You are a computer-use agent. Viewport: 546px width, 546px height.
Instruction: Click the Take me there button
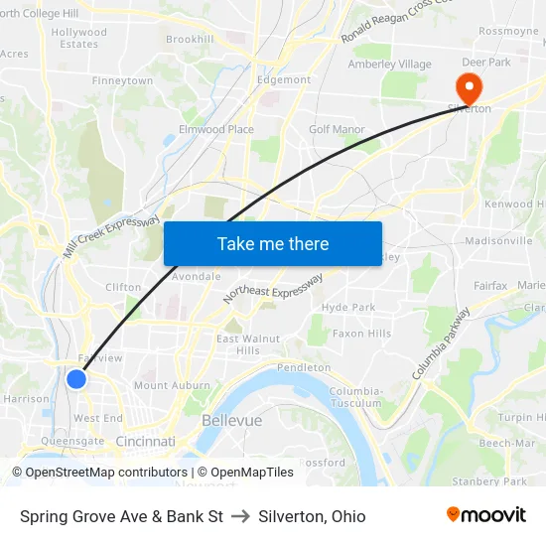click(x=273, y=243)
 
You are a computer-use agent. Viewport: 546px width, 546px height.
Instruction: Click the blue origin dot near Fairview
click(x=76, y=378)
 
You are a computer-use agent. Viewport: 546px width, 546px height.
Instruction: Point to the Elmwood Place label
click(x=215, y=129)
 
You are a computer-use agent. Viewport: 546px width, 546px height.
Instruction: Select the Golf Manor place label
click(x=337, y=129)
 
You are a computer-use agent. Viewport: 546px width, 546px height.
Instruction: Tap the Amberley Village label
click(x=389, y=65)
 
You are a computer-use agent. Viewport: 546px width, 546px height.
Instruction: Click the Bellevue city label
click(x=231, y=420)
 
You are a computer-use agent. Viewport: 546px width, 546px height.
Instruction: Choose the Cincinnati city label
click(x=145, y=441)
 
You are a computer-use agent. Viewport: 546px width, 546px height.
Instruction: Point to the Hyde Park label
click(x=348, y=308)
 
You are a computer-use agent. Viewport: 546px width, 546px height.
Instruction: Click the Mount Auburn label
click(x=165, y=385)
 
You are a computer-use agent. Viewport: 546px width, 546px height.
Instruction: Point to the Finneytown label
click(x=122, y=80)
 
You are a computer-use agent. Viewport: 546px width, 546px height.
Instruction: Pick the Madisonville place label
click(x=498, y=241)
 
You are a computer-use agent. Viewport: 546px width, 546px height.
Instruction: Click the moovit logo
click(x=486, y=515)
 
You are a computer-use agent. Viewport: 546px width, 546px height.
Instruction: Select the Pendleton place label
click(x=304, y=367)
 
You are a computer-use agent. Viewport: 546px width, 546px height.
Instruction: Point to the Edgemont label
click(x=284, y=79)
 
